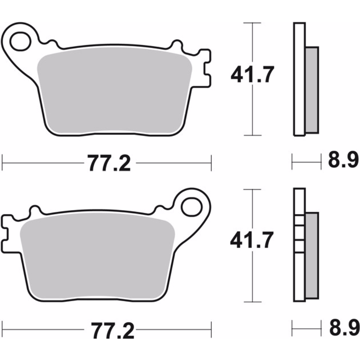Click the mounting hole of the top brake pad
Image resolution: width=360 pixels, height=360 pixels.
(20, 41)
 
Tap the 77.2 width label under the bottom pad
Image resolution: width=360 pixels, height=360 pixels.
(112, 330)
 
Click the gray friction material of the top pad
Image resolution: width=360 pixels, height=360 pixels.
(114, 92)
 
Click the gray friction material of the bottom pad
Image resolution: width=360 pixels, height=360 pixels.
(96, 257)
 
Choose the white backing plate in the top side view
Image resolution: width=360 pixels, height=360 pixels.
(299, 79)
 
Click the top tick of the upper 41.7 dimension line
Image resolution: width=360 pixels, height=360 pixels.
(252, 23)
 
